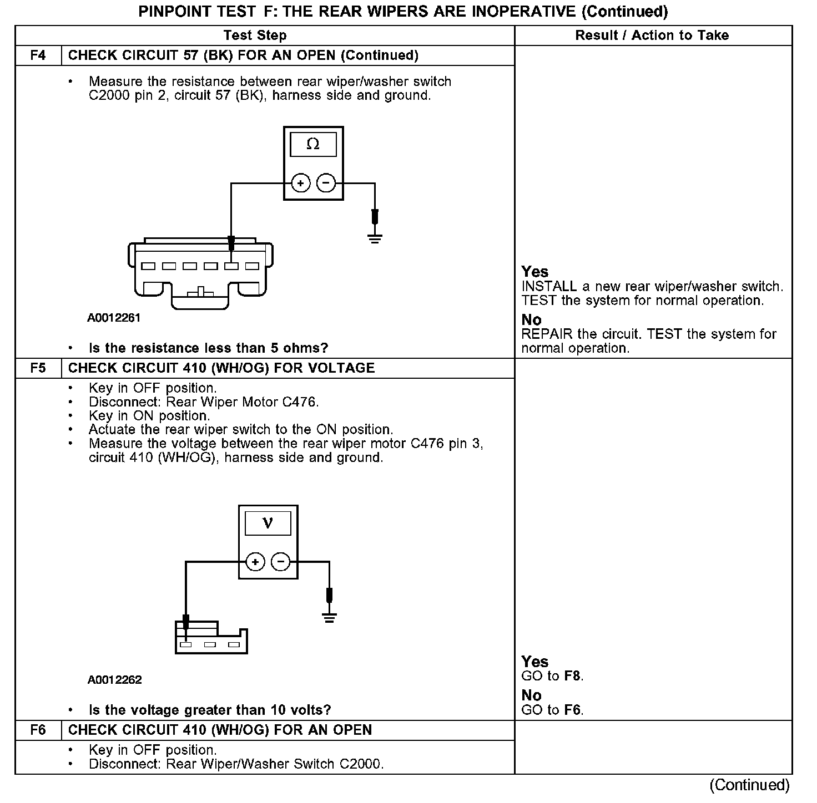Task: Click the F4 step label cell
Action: pos(38,55)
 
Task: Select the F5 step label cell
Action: pos(38,368)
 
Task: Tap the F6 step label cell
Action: pos(38,730)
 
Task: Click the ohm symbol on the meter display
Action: pos(313,145)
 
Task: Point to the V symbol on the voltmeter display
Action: pos(268,523)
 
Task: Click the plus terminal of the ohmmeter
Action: pos(300,183)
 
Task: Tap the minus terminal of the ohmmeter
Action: pos(326,183)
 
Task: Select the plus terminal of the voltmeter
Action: pos(255,562)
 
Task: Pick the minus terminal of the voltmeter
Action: pos(281,562)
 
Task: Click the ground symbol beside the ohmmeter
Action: pos(375,239)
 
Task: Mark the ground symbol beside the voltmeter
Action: pos(330,618)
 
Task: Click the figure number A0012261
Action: pos(114,318)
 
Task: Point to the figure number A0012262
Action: pos(114,680)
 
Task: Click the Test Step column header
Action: pos(255,35)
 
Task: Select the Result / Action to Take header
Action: pos(652,35)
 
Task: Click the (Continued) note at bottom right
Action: pos(749,785)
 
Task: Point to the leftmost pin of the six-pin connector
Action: pos(148,266)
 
